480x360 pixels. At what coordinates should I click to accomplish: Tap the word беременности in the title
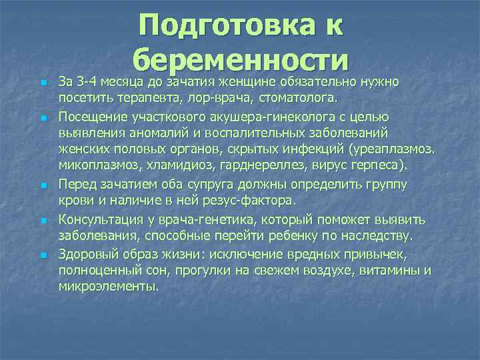241,60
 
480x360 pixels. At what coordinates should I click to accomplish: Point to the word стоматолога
299,99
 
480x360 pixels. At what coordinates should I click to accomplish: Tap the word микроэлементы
109,286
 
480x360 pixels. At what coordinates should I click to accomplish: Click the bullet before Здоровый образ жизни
43,255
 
